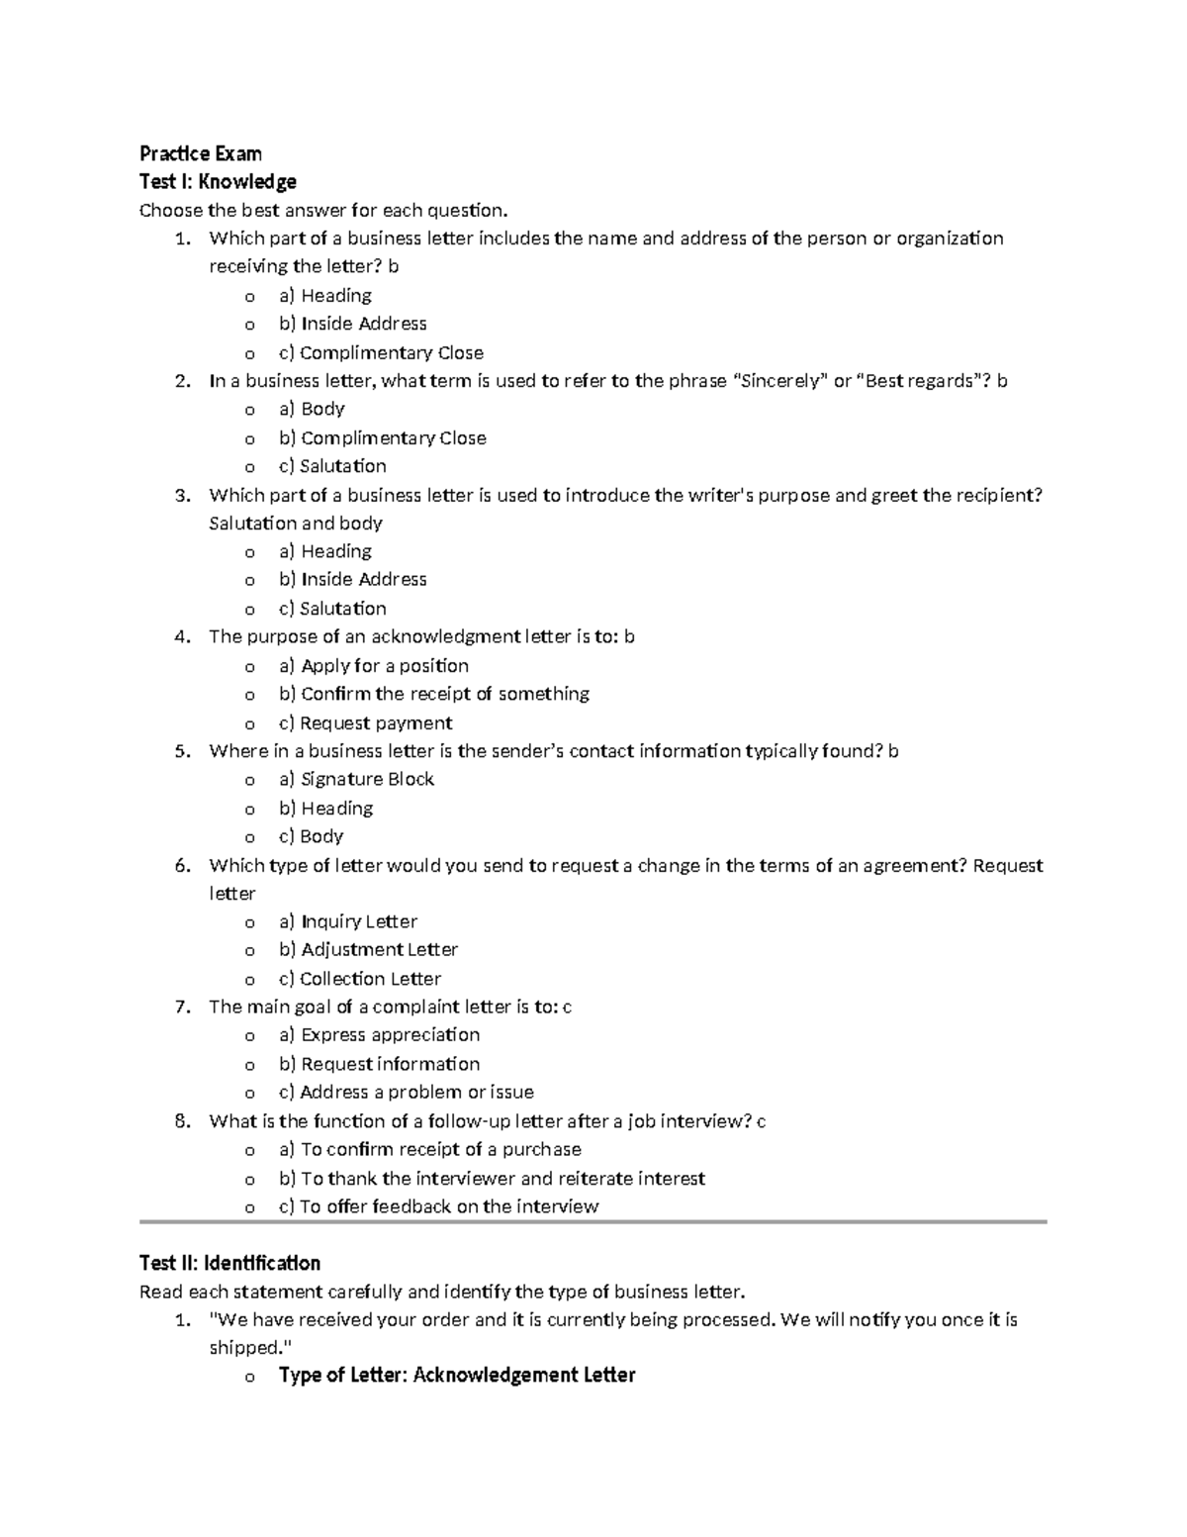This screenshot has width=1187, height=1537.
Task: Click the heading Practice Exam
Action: click(x=201, y=153)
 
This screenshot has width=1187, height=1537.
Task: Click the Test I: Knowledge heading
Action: click(x=218, y=182)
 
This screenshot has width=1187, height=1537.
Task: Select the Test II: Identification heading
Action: click(x=229, y=1263)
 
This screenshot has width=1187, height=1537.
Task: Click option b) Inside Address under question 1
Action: click(x=352, y=324)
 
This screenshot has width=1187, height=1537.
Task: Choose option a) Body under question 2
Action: click(x=312, y=409)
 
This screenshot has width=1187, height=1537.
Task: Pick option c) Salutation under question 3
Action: click(x=332, y=608)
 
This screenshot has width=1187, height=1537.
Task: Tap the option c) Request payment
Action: click(x=365, y=722)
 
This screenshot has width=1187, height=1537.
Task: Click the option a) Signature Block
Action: click(x=356, y=779)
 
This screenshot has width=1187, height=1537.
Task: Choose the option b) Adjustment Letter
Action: click(x=368, y=949)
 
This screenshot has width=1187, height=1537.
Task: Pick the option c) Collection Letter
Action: click(x=360, y=978)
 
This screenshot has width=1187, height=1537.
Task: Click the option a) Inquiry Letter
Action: click(x=348, y=921)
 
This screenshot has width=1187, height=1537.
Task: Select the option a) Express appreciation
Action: click(x=379, y=1034)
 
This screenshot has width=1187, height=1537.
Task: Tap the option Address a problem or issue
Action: click(x=415, y=1092)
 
